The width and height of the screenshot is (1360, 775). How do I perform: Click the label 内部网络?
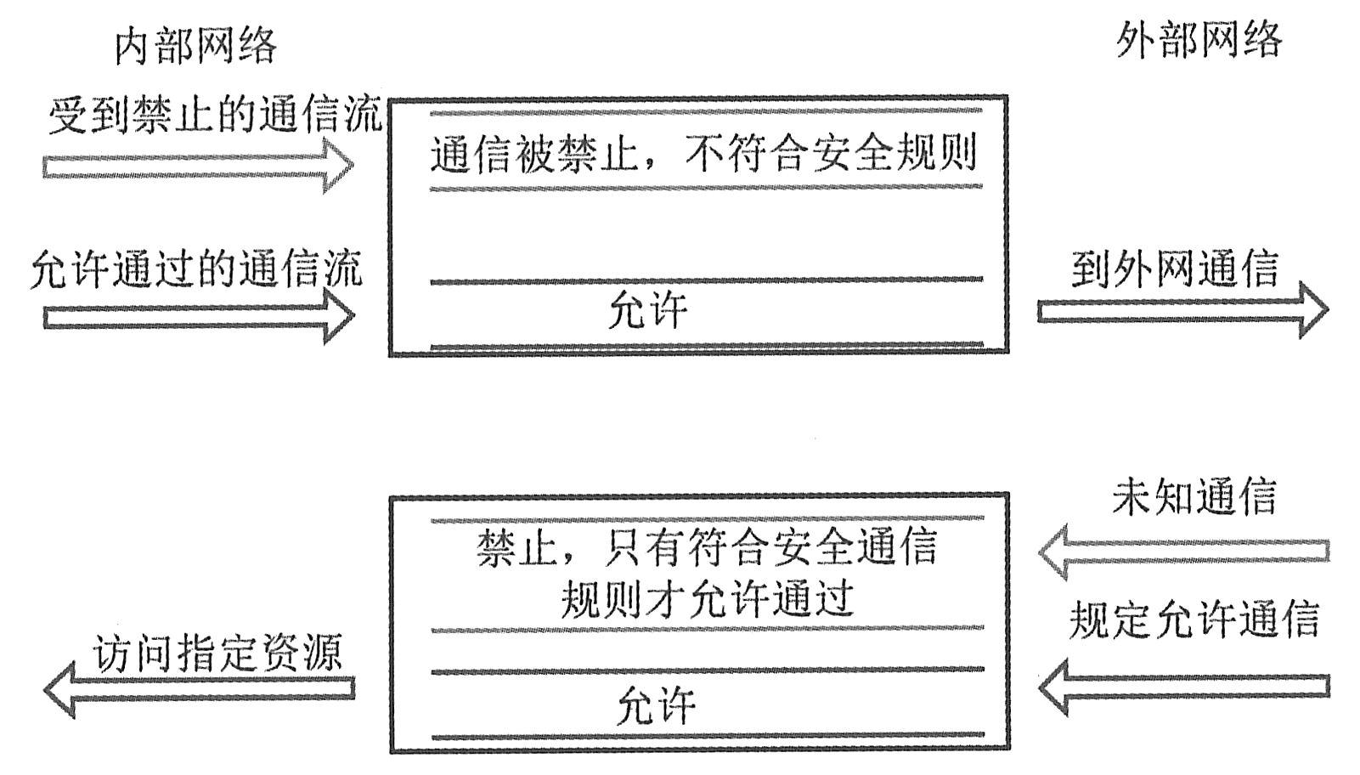tap(195, 43)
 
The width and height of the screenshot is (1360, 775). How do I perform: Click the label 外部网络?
tap(1198, 39)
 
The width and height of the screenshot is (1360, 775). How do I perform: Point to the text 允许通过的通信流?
tap(196, 269)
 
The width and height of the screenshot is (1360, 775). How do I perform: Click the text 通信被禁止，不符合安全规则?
tap(703, 154)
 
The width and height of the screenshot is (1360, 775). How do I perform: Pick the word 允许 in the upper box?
tap(648, 311)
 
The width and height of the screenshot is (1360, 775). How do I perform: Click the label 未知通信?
tap(1194, 496)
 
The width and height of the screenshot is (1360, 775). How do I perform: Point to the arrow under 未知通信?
tap(1184, 552)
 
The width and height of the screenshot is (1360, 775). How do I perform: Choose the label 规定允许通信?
tap(1194, 619)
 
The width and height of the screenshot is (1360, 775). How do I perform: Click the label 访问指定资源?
tap(218, 653)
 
